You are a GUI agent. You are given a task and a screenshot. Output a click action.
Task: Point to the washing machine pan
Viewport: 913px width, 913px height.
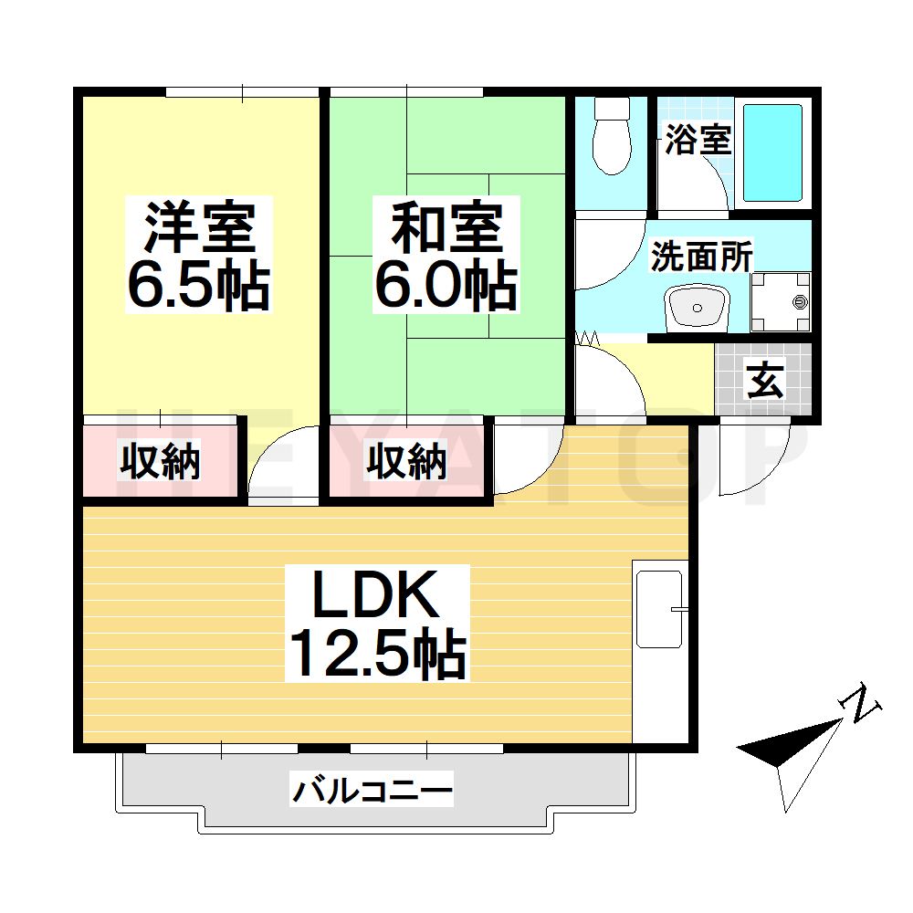coord(781,302)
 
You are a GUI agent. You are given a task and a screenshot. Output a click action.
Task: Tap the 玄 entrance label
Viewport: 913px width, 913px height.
coord(765,381)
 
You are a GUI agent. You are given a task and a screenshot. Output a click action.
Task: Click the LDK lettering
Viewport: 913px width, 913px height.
coord(377,597)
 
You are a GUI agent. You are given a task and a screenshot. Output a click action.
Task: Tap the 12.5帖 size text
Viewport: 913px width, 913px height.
coord(377,654)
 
